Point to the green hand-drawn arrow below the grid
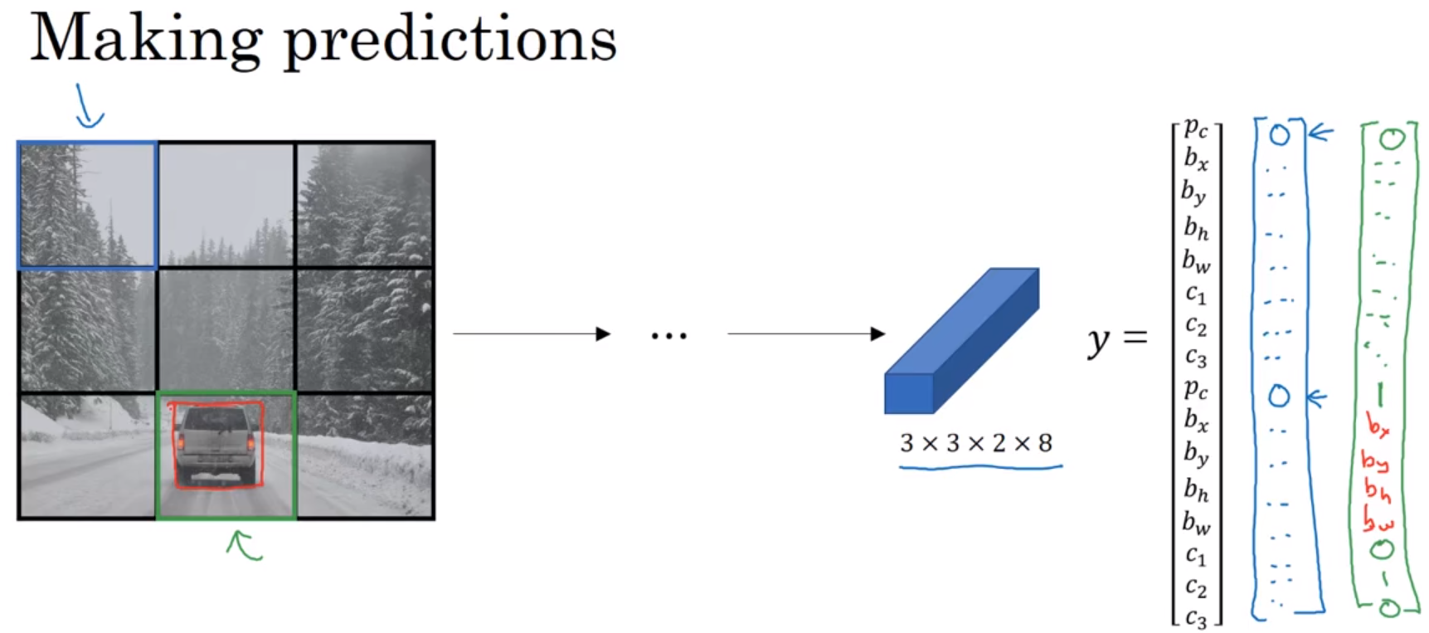[x=244, y=545]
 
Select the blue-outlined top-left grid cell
[x=87, y=205]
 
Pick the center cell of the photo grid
[x=226, y=329]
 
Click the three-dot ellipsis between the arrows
[x=668, y=336]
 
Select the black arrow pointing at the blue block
[x=805, y=334]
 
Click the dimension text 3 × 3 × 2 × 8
[x=976, y=443]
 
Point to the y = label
[x=1116, y=338]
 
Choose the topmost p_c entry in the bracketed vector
[x=1195, y=128]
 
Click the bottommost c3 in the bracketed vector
[x=1195, y=617]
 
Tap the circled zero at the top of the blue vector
[x=1280, y=134]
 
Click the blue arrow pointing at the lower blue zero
[x=1316, y=399]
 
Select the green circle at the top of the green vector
[x=1392, y=139]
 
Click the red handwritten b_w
[x=1378, y=522]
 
